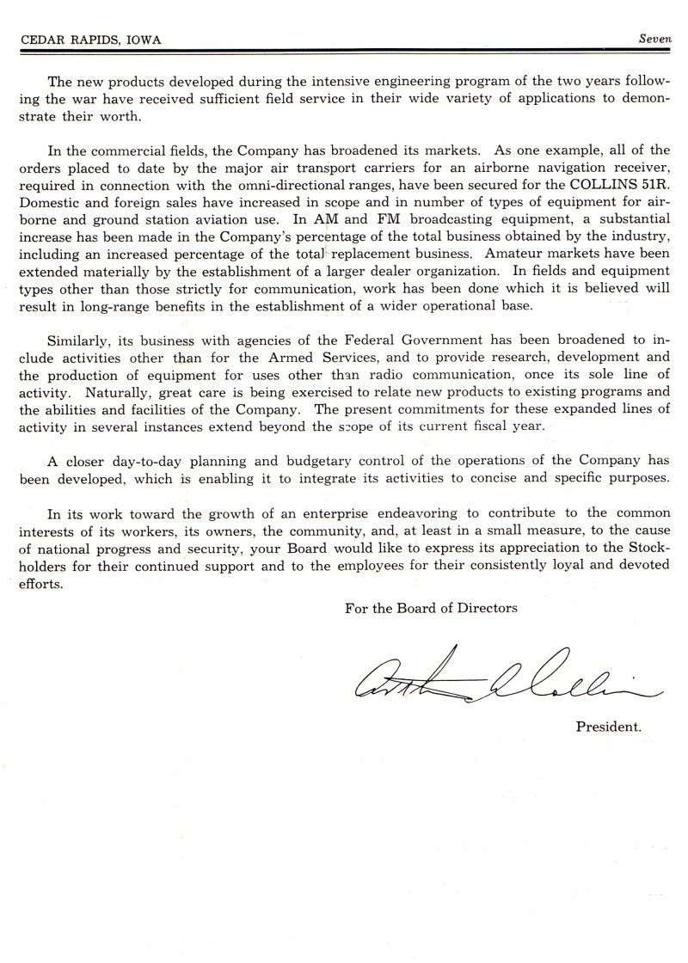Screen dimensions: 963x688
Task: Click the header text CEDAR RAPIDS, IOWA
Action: (x=81, y=40)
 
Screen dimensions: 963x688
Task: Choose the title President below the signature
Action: (x=609, y=727)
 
